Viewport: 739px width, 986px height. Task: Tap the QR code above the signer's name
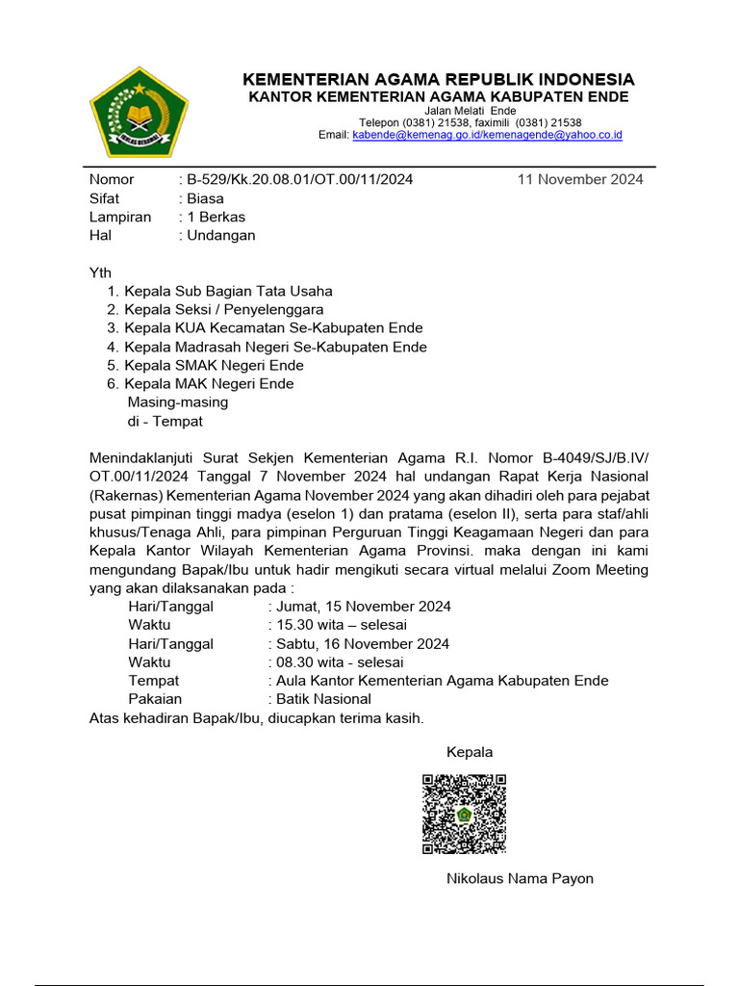click(464, 814)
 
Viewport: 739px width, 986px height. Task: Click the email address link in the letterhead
click(487, 136)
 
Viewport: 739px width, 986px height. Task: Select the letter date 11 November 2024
click(580, 179)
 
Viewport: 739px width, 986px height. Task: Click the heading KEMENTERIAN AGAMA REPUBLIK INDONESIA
click(438, 79)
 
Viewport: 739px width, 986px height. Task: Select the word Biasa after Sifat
click(206, 198)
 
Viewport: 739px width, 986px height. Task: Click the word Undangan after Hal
click(221, 235)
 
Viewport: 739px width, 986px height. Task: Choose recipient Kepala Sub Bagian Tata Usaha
click(228, 291)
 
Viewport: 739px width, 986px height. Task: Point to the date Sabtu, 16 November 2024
click(362, 643)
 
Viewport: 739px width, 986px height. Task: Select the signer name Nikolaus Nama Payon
click(520, 878)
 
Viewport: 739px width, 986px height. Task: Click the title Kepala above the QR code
click(470, 752)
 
